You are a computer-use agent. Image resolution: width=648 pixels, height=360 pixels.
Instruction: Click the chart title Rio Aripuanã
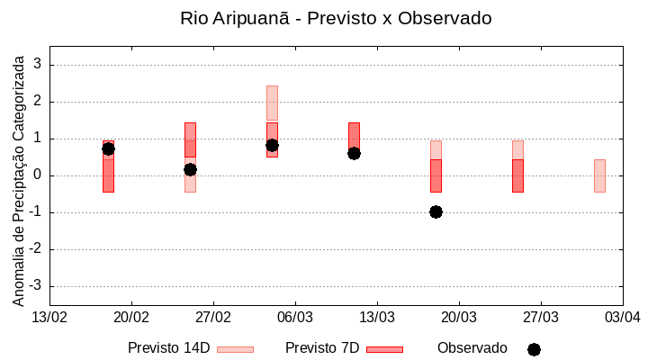coord(336,18)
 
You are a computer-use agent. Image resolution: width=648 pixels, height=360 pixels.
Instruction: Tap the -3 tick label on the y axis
coord(35,286)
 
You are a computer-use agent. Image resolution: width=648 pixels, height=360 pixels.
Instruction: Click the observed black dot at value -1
coord(436,211)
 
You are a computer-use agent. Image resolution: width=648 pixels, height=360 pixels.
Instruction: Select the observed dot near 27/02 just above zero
coord(190,169)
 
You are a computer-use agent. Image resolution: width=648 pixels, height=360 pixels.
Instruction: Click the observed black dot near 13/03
coord(354,153)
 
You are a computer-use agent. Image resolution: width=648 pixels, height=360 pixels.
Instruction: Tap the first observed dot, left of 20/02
coord(108,148)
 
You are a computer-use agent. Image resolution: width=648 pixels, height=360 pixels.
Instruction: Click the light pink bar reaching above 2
coord(272,103)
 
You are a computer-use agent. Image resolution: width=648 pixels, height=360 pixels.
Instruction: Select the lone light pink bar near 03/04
coord(599,175)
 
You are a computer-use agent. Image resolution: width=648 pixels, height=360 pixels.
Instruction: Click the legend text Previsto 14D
coord(168,348)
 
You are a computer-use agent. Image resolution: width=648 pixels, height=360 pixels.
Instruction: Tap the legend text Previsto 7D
coord(322,348)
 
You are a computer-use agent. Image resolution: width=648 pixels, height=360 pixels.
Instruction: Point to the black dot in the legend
coord(534,349)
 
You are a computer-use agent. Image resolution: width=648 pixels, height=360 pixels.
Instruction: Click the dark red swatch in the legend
coord(384,349)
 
